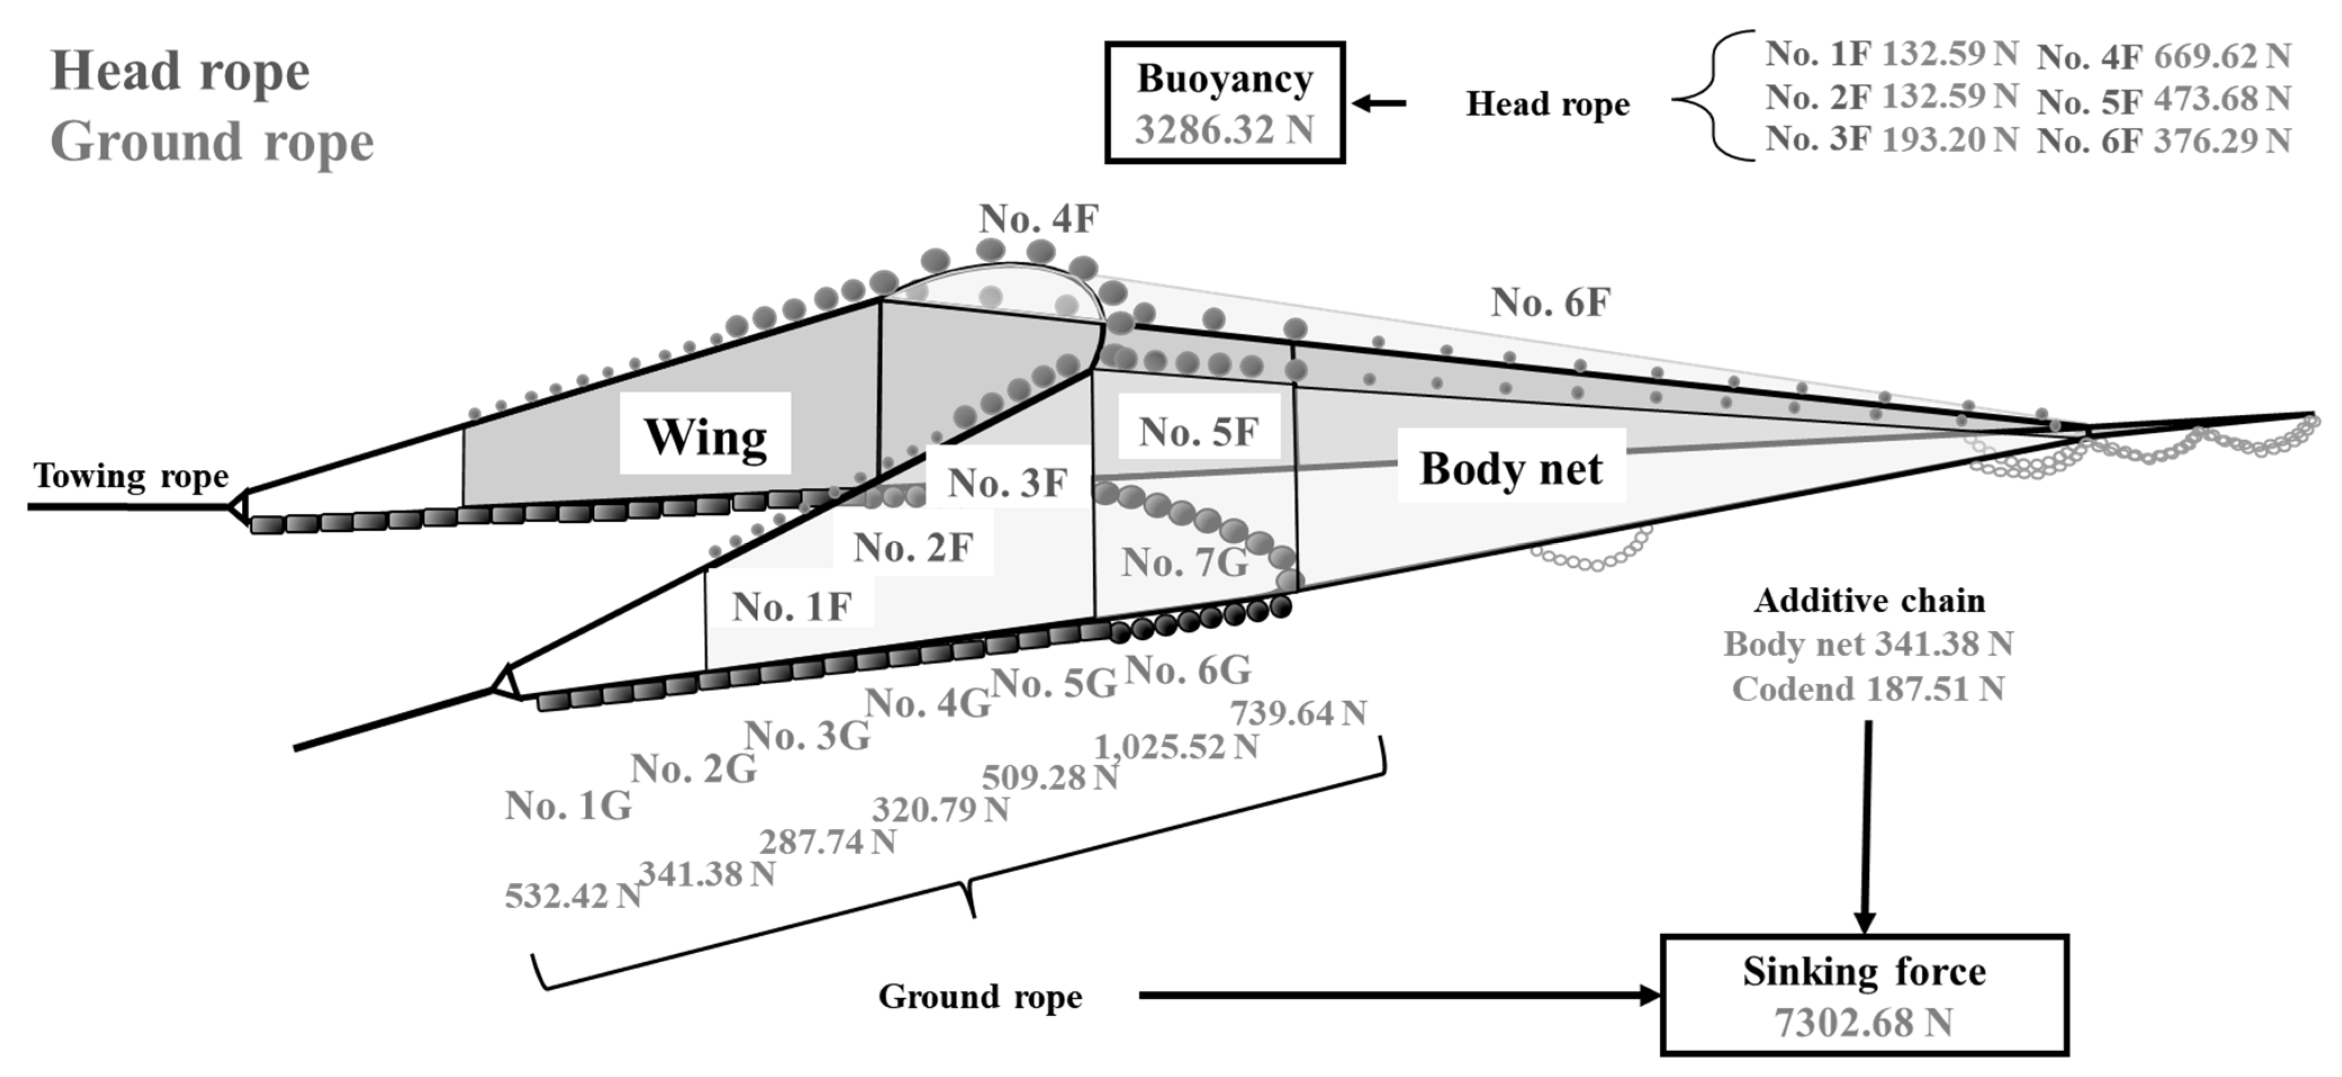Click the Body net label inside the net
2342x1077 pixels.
(x=1511, y=469)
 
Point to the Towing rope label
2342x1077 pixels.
(x=131, y=475)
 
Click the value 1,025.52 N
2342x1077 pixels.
(x=1176, y=747)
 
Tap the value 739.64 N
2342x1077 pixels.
(x=1298, y=713)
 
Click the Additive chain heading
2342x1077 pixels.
(x=1869, y=600)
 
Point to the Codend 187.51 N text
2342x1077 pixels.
(x=1867, y=689)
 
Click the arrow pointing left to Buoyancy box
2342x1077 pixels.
(x=1378, y=104)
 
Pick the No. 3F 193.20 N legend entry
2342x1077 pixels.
(x=1891, y=139)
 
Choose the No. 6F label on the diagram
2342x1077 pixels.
(x=1550, y=302)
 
